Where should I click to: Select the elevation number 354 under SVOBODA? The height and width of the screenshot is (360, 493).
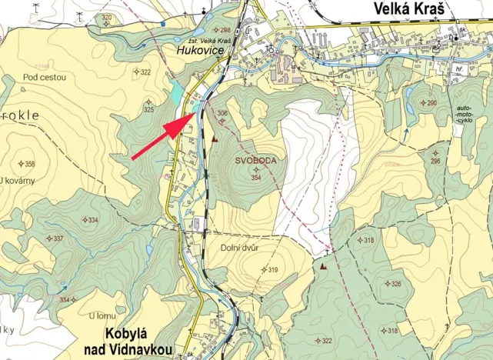pos(257,178)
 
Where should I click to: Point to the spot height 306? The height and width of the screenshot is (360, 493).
pos(222,114)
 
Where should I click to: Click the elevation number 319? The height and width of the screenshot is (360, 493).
pos(271,269)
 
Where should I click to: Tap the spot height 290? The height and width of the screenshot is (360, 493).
pos(431,103)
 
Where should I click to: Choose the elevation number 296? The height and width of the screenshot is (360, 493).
pos(435,161)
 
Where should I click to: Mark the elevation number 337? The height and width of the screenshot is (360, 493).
pos(58,238)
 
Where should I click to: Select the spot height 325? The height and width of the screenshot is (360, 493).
pos(148,110)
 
